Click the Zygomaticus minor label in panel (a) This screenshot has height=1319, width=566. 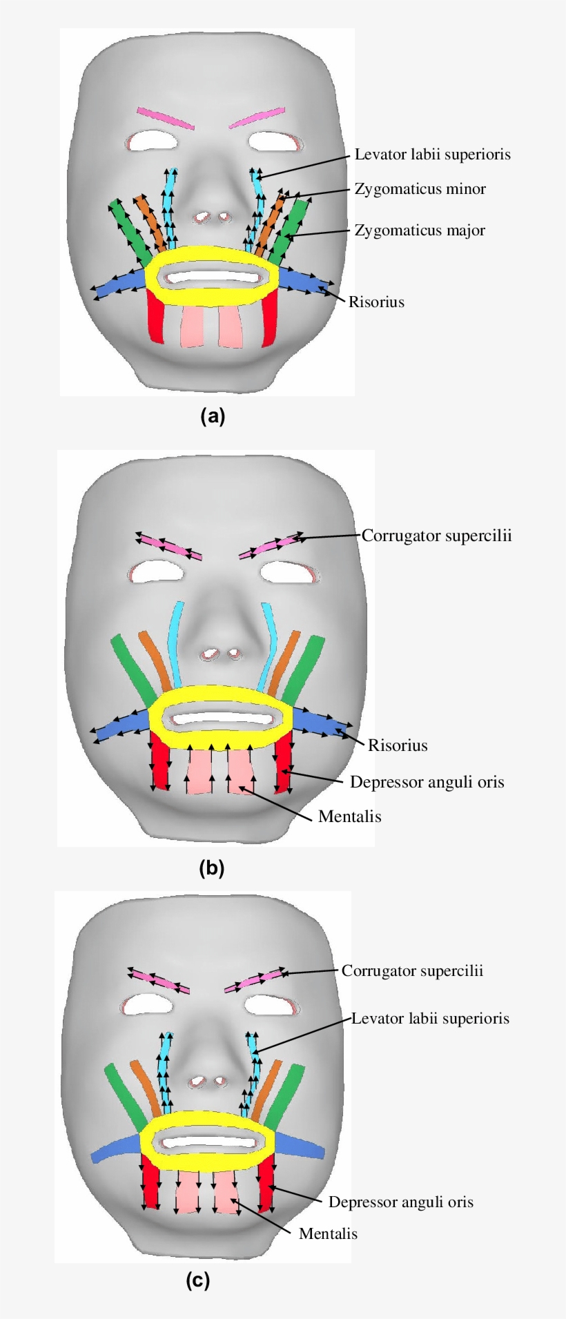click(x=420, y=189)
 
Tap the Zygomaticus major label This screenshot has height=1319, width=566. click(x=420, y=231)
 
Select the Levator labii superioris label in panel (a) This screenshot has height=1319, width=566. click(x=432, y=155)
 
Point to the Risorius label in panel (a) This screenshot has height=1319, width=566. click(x=376, y=302)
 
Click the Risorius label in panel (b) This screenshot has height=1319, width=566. click(x=398, y=745)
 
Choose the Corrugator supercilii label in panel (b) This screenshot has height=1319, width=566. click(x=436, y=536)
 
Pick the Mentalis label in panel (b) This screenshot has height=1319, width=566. click(x=349, y=817)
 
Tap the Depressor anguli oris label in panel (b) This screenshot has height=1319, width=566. click(x=427, y=782)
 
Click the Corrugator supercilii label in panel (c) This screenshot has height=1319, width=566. click(x=412, y=971)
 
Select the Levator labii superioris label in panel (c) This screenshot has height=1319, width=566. click(x=430, y=1019)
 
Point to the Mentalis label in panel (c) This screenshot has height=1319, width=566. click(x=328, y=1233)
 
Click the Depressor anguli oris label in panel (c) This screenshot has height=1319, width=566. click(x=400, y=1202)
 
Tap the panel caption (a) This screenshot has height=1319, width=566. click(x=213, y=416)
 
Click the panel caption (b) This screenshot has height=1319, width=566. click(x=212, y=868)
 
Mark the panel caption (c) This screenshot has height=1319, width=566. click(x=197, y=1281)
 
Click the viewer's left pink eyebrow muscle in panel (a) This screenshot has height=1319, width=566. click(x=166, y=118)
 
